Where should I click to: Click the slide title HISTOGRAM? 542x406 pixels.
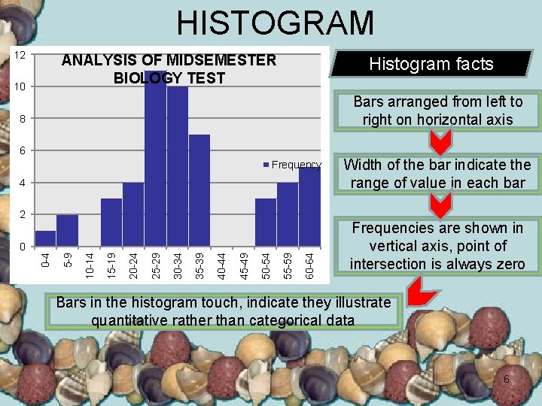click(x=275, y=23)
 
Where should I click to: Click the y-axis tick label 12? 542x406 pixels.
click(x=21, y=56)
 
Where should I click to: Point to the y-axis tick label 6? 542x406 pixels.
click(x=23, y=151)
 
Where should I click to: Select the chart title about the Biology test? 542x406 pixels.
click(x=169, y=68)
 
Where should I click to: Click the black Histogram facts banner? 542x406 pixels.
click(x=431, y=64)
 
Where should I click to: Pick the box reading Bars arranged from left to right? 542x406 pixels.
click(x=437, y=111)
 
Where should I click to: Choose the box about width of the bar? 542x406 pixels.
click(x=437, y=174)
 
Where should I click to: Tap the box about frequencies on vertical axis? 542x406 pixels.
click(x=437, y=246)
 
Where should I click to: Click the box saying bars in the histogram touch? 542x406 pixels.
click(x=224, y=311)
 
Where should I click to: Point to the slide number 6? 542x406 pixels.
click(x=506, y=380)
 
